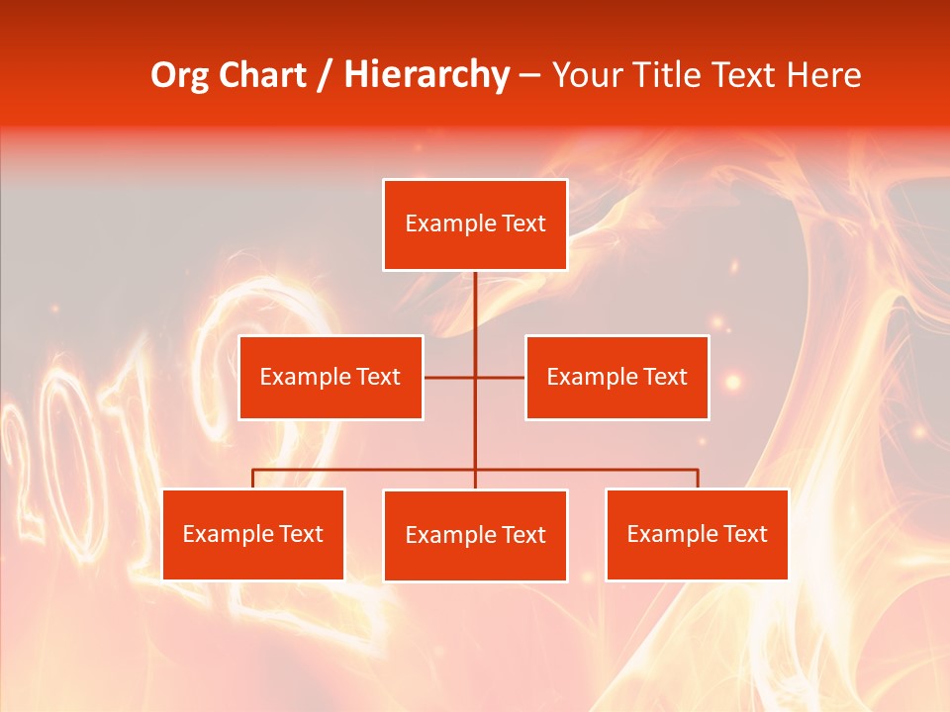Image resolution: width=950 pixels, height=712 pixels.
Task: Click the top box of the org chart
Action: coord(475,224)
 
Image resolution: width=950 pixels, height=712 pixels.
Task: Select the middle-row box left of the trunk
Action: coord(331,377)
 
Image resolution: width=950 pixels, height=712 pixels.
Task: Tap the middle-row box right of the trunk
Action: coord(617,377)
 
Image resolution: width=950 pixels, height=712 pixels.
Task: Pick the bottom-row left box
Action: coord(252,534)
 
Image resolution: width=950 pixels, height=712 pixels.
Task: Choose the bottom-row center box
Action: coord(475,535)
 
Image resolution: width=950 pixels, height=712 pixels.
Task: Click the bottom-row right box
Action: coord(697,534)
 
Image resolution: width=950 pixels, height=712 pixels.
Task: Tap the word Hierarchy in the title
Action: coord(427,75)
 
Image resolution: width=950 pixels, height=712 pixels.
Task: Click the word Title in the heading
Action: coord(675,75)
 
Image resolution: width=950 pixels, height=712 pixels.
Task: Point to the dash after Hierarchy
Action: coord(529,76)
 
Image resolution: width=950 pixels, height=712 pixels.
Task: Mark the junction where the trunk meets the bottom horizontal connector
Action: coord(475,470)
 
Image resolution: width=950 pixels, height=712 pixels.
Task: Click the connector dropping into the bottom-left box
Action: coord(252,480)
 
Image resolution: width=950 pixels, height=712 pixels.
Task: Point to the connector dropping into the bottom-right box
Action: coord(698,480)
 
